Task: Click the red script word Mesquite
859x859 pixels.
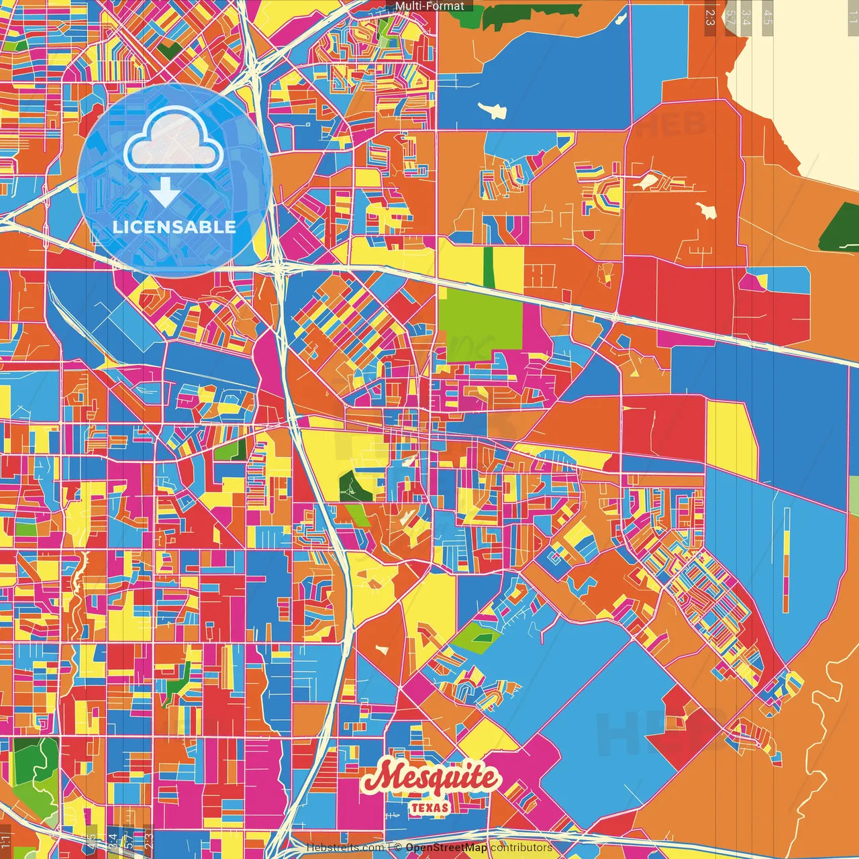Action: (432, 779)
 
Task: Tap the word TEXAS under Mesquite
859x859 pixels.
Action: (429, 807)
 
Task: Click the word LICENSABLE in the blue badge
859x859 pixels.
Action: (174, 227)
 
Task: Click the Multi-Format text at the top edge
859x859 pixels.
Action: (429, 6)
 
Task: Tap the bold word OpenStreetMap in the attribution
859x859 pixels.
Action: (446, 848)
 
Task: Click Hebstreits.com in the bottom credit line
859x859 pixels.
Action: (345, 848)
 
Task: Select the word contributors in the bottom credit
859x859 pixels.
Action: (521, 848)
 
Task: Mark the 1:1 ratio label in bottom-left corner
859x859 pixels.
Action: (6, 839)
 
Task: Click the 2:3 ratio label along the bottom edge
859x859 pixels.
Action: (148, 839)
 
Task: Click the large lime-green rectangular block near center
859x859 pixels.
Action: (480, 320)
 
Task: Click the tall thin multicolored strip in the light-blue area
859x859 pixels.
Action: (787, 560)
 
